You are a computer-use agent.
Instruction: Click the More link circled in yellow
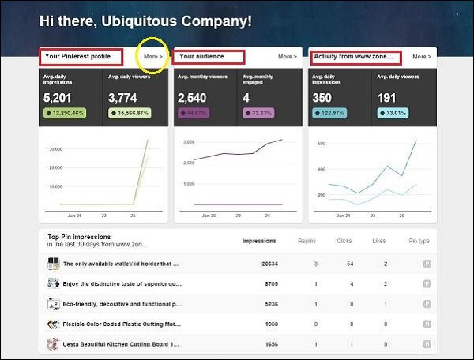152,57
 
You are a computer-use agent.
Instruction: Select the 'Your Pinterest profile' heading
81,57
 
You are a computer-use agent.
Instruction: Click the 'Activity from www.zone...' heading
355,57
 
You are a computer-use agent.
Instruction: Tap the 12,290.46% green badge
66,114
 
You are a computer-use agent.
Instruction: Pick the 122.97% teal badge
331,114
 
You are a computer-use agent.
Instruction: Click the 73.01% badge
389,114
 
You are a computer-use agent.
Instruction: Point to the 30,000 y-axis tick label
55,148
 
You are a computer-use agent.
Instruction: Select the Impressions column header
259,241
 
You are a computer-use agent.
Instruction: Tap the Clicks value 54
340,263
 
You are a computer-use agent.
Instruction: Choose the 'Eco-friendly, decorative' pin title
122,303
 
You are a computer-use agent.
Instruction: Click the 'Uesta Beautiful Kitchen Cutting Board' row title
122,343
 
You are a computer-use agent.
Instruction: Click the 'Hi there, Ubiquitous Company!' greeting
146,21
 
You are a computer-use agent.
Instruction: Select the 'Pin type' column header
419,241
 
